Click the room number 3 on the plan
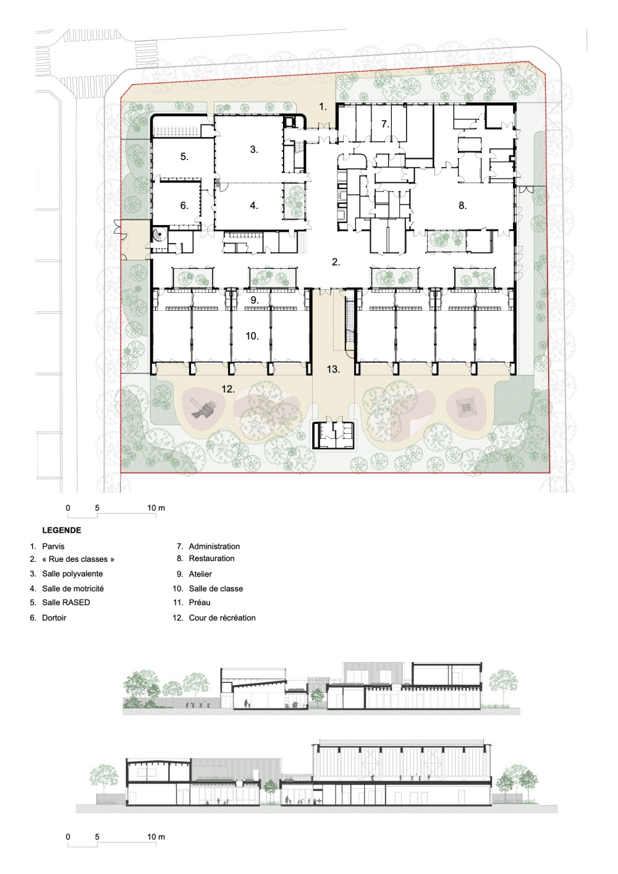tap(254, 150)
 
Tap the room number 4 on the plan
tap(254, 205)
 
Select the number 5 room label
tap(185, 157)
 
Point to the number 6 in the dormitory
tap(185, 205)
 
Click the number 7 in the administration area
tap(385, 124)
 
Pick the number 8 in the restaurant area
tap(463, 205)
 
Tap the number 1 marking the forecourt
tap(323, 106)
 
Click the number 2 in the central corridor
tap(336, 262)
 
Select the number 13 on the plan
tap(333, 369)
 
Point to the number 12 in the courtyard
tap(228, 389)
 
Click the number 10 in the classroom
tap(252, 336)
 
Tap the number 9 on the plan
tap(255, 300)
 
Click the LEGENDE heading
tap(62, 530)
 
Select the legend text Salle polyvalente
tap(72, 574)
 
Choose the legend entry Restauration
tap(211, 558)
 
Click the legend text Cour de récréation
tap(222, 617)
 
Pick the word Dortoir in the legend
tap(54, 617)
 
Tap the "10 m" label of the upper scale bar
tap(156, 508)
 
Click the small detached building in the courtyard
tap(333, 435)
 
